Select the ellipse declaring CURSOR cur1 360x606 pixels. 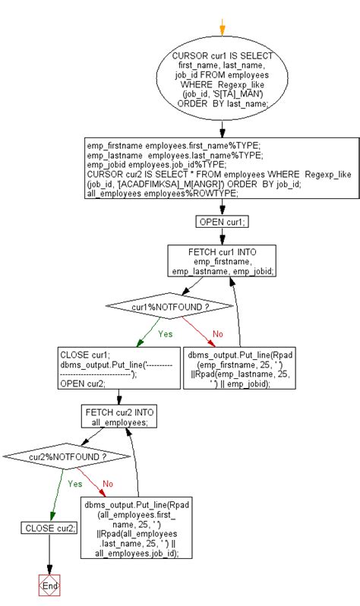(x=222, y=81)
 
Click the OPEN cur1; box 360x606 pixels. (x=222, y=222)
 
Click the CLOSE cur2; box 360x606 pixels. (x=49, y=528)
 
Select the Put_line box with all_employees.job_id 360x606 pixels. (x=137, y=529)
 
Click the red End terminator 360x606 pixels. (x=49, y=585)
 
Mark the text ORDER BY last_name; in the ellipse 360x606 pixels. (x=222, y=104)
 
